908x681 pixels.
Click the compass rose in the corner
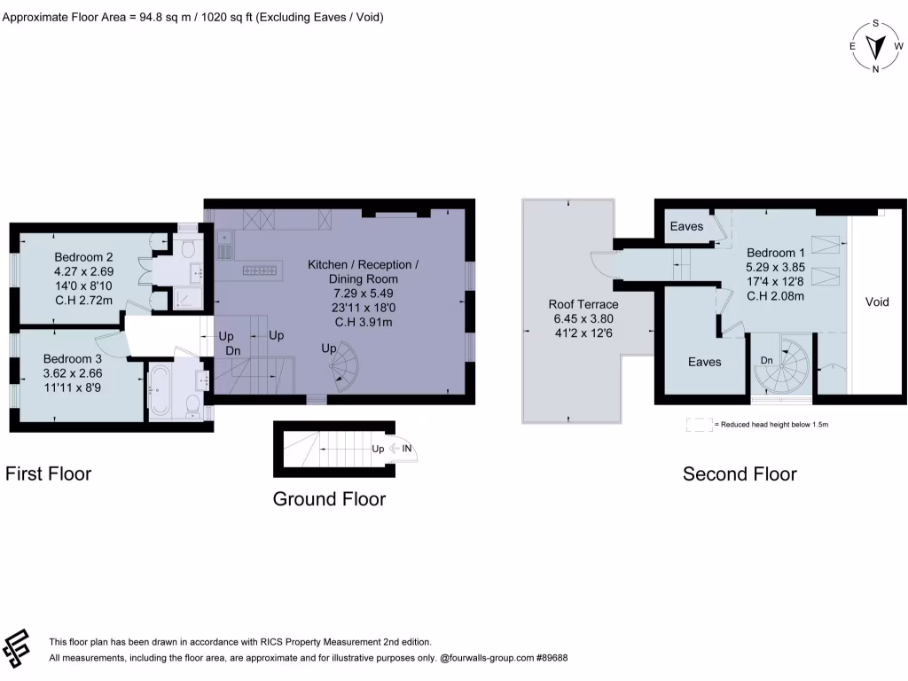pos(876,46)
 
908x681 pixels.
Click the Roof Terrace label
pos(583,304)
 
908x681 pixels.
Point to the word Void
pos(876,302)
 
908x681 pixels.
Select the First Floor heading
pos(49,474)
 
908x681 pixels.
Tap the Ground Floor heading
pos(329,499)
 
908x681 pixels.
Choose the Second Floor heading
pos(740,474)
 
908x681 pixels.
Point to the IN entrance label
pos(407,449)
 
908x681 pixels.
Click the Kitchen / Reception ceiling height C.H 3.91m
pos(363,322)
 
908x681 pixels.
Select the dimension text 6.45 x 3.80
pos(583,318)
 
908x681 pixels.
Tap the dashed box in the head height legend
pos(699,425)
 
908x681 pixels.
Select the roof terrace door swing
pos(600,262)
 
